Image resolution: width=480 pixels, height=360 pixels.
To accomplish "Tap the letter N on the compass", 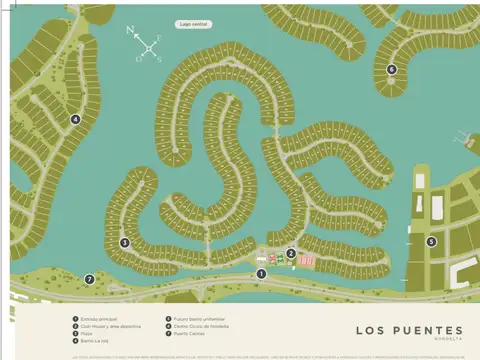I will pos(131,31).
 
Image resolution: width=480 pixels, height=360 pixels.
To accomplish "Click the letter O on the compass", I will pos(139,58).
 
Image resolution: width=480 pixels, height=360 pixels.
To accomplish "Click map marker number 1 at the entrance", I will pos(261,273).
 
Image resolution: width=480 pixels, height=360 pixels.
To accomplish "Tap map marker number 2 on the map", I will pos(291,253).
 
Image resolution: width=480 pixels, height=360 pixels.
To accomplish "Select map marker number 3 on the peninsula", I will pos(125,242).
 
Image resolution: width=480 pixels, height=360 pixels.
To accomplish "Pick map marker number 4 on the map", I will pos(75,119).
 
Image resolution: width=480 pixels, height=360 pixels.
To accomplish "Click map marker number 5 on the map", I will pos(431,241).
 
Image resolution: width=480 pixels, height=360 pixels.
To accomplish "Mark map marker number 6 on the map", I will pos(391,69).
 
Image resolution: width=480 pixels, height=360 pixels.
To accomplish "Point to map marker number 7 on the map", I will pos(89,279).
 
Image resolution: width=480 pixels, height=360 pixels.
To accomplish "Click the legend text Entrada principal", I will pos(100,319).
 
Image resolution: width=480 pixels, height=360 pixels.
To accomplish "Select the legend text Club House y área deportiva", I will pos(110,326).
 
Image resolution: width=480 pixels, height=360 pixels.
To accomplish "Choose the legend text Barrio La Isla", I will pos(96,340).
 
